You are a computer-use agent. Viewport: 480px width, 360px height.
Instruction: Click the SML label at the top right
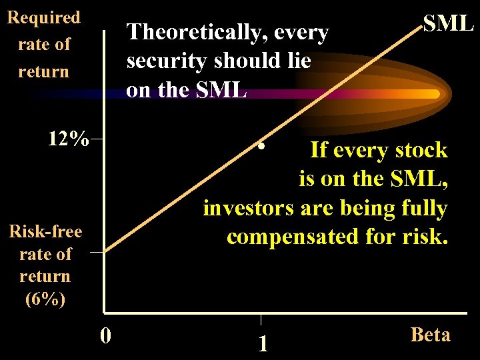click(448, 23)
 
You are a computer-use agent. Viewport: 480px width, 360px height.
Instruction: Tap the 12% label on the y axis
click(68, 139)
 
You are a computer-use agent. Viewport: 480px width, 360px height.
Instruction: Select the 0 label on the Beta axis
click(105, 334)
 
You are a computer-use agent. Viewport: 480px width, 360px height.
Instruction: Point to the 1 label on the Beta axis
click(263, 343)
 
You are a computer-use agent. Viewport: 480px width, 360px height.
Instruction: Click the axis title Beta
click(431, 334)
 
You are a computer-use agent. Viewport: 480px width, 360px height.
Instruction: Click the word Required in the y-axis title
click(43, 17)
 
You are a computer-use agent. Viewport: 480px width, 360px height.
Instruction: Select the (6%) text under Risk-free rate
click(45, 299)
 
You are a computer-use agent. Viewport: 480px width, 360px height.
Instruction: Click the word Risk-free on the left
click(45, 231)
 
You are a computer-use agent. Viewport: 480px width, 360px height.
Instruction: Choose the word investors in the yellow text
click(248, 208)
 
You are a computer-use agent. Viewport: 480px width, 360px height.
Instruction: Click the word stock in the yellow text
click(423, 150)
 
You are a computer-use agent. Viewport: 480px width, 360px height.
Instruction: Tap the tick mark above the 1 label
click(261, 318)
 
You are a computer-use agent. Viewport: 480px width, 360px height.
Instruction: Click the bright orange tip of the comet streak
click(434, 94)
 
